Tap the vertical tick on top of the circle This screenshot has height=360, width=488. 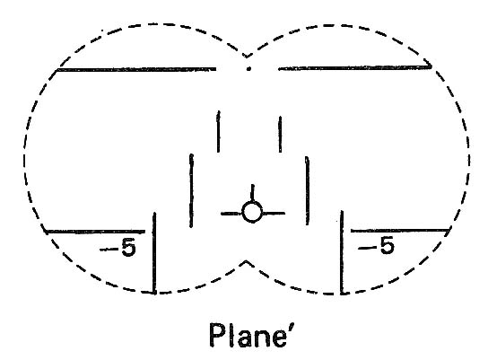[x=252, y=193]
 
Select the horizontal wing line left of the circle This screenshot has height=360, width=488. [x=231, y=214]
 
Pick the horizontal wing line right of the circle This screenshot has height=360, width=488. [x=274, y=214]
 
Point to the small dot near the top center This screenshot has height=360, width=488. [x=248, y=69]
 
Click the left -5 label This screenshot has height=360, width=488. [x=118, y=248]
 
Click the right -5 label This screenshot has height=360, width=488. [x=376, y=245]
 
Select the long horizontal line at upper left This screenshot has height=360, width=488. [x=136, y=69]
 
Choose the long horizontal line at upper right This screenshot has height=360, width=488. [x=355, y=67]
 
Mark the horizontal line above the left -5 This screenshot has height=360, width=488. [x=95, y=232]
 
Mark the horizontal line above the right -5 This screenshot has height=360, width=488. [x=400, y=231]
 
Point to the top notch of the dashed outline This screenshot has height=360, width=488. [x=247, y=57]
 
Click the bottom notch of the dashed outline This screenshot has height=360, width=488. [x=246, y=261]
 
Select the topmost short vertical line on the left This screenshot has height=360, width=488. [x=219, y=131]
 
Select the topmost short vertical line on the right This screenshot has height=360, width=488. [x=281, y=135]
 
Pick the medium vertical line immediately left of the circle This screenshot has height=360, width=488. [x=191, y=190]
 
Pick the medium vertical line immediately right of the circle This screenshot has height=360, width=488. [x=307, y=190]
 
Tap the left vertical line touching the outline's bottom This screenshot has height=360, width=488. [x=154, y=253]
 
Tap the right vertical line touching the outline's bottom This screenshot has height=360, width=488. [x=342, y=252]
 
